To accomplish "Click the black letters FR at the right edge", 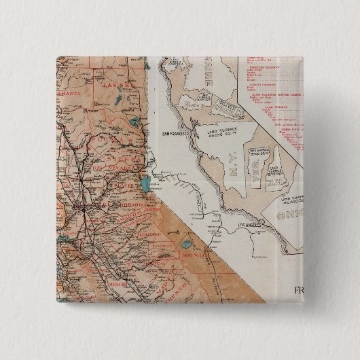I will point(298,291).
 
